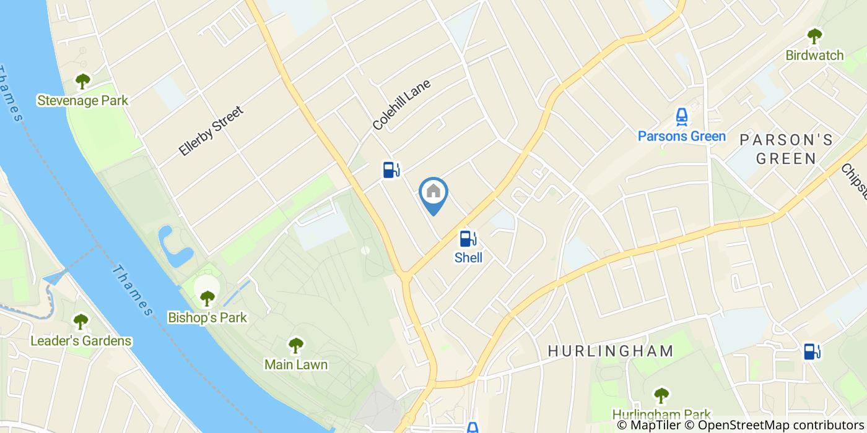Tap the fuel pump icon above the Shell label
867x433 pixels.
468,238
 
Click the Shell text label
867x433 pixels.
468,258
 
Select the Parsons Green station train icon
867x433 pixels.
682,116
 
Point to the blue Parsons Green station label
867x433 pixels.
682,136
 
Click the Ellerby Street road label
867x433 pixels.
211,131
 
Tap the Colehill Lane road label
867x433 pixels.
401,104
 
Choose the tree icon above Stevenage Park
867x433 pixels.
82,81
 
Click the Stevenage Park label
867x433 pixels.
82,100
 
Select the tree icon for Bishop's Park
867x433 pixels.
207,298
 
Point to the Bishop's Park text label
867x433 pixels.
207,318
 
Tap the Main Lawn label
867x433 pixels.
296,364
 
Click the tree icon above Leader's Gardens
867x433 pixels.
81,322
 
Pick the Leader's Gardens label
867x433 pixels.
81,341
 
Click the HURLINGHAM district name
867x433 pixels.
611,351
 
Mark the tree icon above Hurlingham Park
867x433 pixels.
661,395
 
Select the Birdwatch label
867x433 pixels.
814,55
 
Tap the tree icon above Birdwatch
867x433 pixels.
814,36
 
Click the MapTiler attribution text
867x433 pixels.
649,426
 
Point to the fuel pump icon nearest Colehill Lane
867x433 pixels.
391,169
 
